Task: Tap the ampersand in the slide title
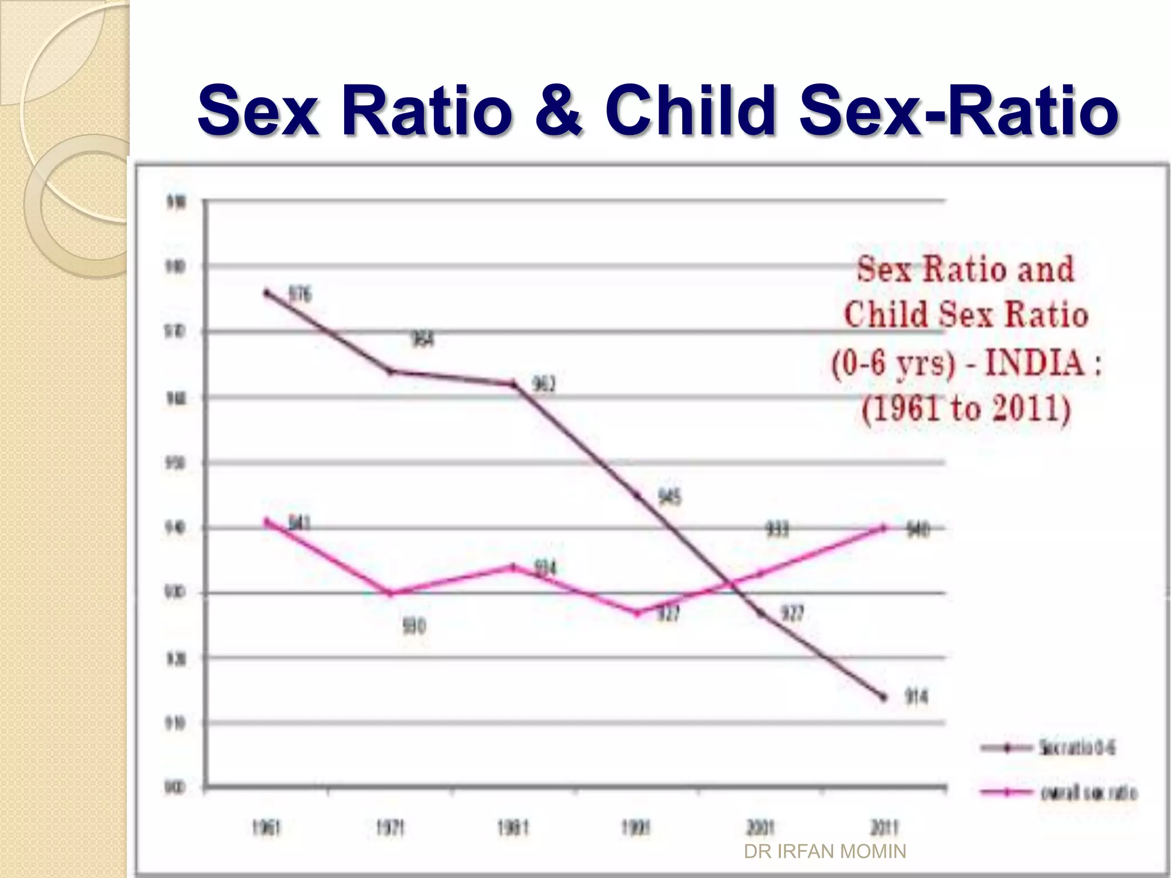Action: click(559, 110)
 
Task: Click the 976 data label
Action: click(300, 294)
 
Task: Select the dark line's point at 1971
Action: click(391, 372)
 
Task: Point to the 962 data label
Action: click(544, 384)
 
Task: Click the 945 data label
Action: click(670, 497)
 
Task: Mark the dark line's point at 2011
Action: click(884, 697)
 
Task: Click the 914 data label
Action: click(916, 697)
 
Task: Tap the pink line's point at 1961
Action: click(266, 521)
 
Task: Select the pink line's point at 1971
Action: click(391, 593)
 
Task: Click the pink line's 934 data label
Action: click(545, 568)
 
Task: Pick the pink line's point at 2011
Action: click(884, 528)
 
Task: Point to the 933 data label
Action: click(777, 530)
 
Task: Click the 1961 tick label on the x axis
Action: click(266, 828)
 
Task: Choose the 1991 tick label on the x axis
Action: click(636, 828)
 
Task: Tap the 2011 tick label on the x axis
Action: click(884, 828)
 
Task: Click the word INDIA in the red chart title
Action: click(1035, 362)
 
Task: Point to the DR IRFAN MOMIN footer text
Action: click(825, 852)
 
